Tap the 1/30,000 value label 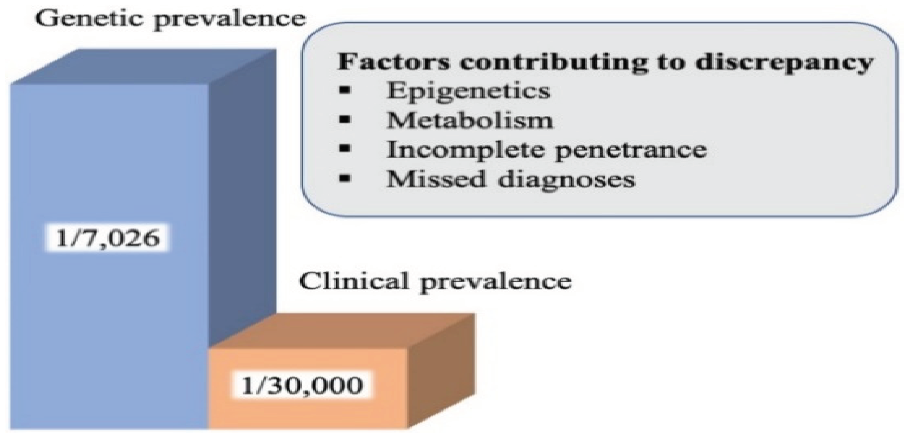pos(302,385)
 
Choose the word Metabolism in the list pos(470,120)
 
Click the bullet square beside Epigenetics pos(345,90)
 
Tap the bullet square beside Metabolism pos(345,119)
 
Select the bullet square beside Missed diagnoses pos(345,178)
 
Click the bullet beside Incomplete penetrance pos(345,149)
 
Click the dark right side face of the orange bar pos(441,369)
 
